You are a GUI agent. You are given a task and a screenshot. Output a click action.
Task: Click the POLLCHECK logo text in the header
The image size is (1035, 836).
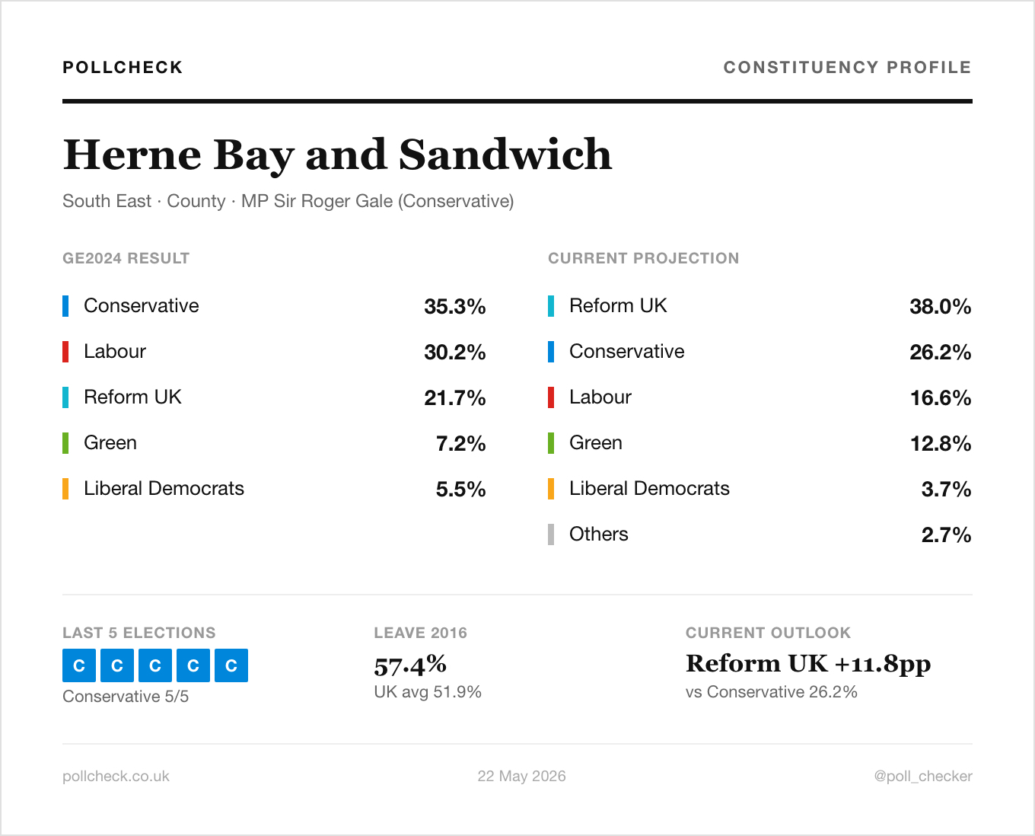(123, 67)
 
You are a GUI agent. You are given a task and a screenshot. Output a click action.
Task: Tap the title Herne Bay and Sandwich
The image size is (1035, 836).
(337, 155)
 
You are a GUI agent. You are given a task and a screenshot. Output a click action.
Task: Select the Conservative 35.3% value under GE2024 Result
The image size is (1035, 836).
(455, 306)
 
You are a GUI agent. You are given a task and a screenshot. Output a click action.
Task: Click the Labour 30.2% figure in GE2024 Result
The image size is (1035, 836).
(455, 352)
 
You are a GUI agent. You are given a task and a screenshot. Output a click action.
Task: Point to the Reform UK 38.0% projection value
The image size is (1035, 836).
(940, 306)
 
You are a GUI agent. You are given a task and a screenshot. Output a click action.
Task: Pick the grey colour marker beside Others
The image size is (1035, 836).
(551, 534)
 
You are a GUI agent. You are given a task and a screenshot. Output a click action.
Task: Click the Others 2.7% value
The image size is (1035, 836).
(946, 534)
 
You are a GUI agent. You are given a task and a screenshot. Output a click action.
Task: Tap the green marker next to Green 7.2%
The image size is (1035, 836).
(65, 443)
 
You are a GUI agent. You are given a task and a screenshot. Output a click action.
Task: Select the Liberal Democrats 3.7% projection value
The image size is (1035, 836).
(946, 489)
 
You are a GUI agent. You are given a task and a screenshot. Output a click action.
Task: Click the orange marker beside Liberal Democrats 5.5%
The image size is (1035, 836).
(65, 489)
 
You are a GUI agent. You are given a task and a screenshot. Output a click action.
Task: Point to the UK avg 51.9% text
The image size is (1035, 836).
(428, 691)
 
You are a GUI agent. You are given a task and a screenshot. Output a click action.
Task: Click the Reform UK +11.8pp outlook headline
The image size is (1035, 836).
(808, 664)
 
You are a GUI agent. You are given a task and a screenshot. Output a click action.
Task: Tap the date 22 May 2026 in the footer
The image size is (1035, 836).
(521, 776)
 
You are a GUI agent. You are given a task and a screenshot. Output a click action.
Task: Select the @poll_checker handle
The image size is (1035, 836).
(923, 776)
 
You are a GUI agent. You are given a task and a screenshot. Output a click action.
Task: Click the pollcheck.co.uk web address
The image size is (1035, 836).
(116, 776)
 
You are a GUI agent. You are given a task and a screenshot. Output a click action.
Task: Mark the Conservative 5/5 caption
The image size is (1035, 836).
(126, 697)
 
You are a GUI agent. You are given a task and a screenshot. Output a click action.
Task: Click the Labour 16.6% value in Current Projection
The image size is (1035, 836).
(940, 397)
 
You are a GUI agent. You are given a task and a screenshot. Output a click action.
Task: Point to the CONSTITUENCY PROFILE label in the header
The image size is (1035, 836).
(848, 67)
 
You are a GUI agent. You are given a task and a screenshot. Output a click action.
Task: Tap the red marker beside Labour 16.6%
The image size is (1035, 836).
(551, 397)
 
